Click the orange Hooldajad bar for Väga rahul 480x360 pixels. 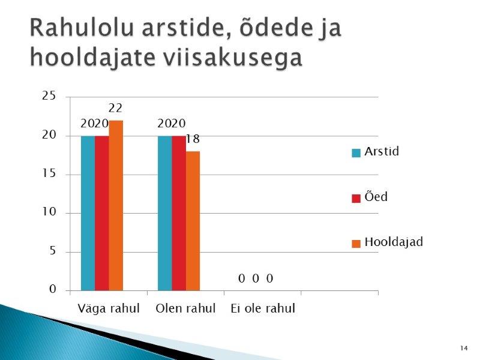(x=116, y=205)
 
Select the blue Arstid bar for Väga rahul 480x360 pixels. (x=88, y=213)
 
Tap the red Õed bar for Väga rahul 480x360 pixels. (x=102, y=213)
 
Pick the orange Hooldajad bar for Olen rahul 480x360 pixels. (x=193, y=221)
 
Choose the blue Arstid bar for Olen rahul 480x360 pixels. (x=165, y=213)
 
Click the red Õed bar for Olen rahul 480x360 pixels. (x=179, y=213)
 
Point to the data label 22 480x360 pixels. (x=115, y=108)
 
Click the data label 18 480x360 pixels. (x=193, y=139)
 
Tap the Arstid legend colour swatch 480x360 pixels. (x=356, y=153)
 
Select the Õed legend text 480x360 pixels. (x=376, y=197)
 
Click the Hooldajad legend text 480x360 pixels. (x=394, y=242)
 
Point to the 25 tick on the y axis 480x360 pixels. (x=49, y=96)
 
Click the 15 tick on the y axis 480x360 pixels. (x=49, y=173)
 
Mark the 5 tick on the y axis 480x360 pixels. (x=53, y=251)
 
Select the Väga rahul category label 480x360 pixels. (x=109, y=308)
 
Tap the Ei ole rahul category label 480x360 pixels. (x=263, y=308)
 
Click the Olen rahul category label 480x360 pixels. (x=185, y=308)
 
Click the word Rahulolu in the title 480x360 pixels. (x=82, y=28)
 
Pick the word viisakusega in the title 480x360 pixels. (x=233, y=57)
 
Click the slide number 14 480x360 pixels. (x=464, y=348)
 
